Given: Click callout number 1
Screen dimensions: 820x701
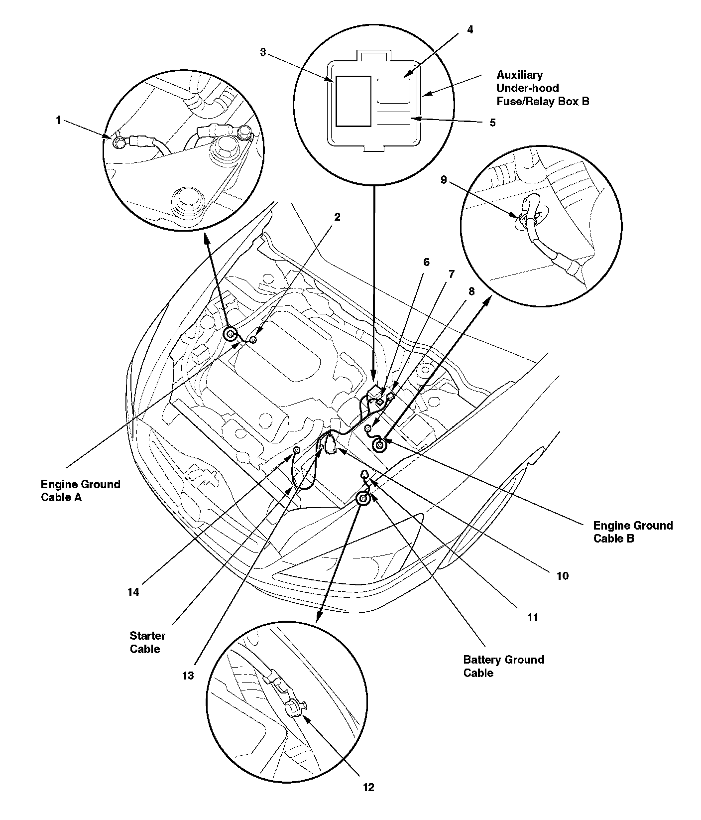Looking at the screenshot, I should (x=58, y=120).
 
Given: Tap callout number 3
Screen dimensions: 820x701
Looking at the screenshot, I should (x=263, y=52).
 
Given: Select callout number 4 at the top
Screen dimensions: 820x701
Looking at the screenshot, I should (x=469, y=29).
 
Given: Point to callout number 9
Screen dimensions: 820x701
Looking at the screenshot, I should (x=444, y=180).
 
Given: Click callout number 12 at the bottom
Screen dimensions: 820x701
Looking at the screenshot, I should (x=368, y=787).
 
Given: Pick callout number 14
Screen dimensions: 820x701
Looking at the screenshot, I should (x=133, y=592).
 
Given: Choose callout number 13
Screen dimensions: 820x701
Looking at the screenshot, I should (x=188, y=676).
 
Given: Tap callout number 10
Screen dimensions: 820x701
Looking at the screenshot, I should (x=562, y=576).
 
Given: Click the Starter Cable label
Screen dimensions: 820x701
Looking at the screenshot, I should (x=147, y=642).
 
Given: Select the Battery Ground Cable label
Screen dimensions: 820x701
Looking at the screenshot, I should (x=503, y=666).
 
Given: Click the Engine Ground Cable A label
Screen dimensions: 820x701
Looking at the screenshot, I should (x=80, y=491).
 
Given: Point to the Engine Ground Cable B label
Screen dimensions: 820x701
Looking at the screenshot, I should (x=632, y=532).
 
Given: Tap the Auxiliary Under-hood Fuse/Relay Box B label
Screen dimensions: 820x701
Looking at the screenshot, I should (x=542, y=88).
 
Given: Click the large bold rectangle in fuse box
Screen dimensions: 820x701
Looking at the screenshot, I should (x=353, y=101).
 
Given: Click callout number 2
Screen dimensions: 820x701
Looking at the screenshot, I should (x=337, y=217).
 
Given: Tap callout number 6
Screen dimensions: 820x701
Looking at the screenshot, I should (x=426, y=262).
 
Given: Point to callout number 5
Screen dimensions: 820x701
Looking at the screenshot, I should (x=492, y=123).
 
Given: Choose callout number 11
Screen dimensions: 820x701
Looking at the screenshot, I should (x=533, y=617).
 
